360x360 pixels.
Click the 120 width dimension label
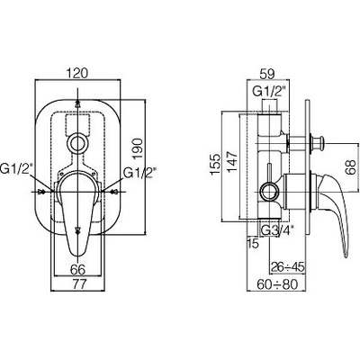77,73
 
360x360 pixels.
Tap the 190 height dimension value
137,149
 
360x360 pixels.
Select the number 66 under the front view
77,269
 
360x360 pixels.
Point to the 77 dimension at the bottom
77,283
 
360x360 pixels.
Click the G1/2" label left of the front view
16,170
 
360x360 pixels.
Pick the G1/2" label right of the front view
139,173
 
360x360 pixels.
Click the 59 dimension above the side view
266,74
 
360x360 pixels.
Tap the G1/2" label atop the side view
268,91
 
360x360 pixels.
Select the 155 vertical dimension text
216,165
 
